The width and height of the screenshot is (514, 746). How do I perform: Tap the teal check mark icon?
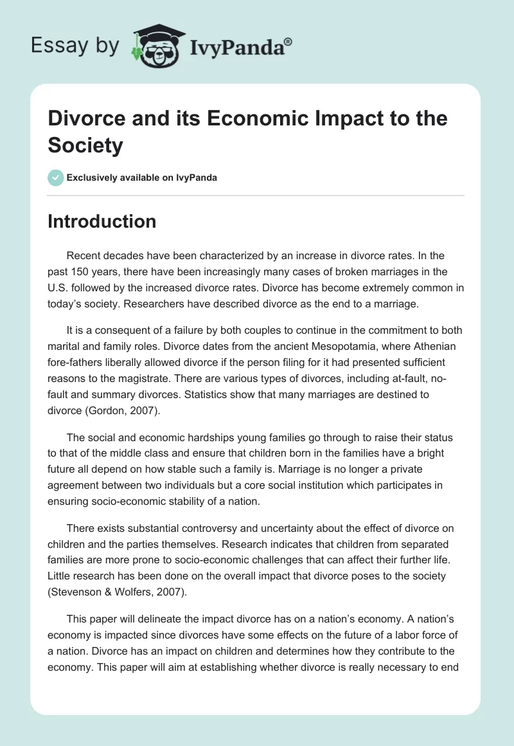[x=57, y=177]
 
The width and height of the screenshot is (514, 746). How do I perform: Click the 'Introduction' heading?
[x=102, y=221]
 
